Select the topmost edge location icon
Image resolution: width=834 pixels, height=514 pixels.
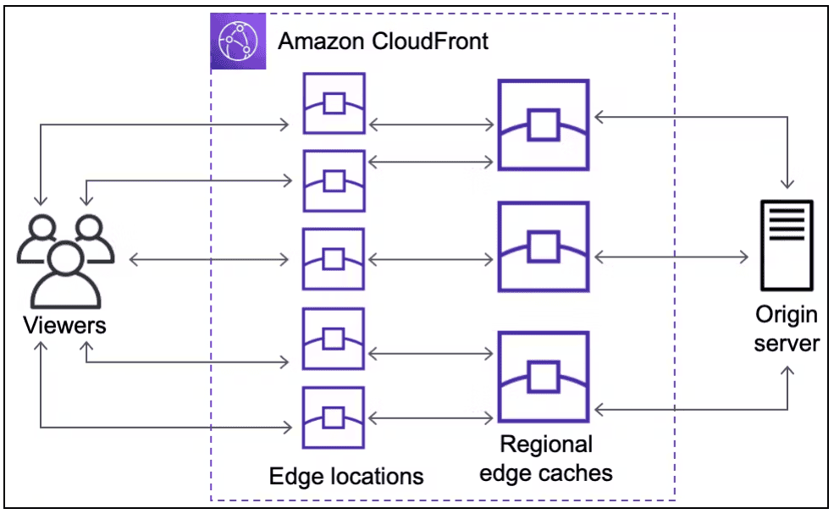(x=334, y=103)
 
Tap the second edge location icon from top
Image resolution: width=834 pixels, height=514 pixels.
(x=334, y=180)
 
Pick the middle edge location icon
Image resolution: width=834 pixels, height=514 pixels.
(x=334, y=259)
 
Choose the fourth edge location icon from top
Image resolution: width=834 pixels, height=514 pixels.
(x=334, y=339)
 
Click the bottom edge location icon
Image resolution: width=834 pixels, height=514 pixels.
(x=334, y=417)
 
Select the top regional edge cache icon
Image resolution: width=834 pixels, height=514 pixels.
(x=543, y=125)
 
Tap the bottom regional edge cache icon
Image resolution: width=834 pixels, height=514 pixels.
(x=543, y=377)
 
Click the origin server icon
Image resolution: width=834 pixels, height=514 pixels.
(x=785, y=245)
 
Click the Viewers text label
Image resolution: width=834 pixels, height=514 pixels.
(x=64, y=325)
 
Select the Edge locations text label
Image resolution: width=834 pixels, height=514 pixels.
(x=346, y=476)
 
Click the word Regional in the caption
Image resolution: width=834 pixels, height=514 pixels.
(x=546, y=445)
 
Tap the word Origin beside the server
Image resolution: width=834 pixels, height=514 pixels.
(x=787, y=315)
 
